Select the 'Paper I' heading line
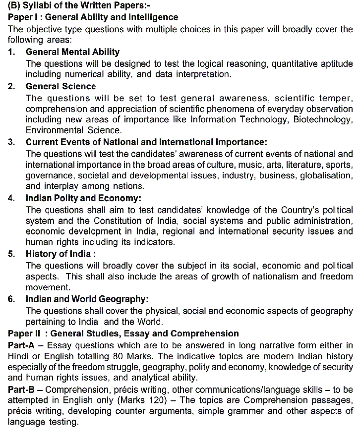[x=93, y=17]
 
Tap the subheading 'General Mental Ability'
[x=72, y=52]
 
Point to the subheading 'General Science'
[x=60, y=86]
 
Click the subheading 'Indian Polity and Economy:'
[x=83, y=198]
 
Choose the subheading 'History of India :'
[x=60, y=254]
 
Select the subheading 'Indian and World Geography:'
[x=87, y=299]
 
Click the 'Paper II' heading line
[x=123, y=333]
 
